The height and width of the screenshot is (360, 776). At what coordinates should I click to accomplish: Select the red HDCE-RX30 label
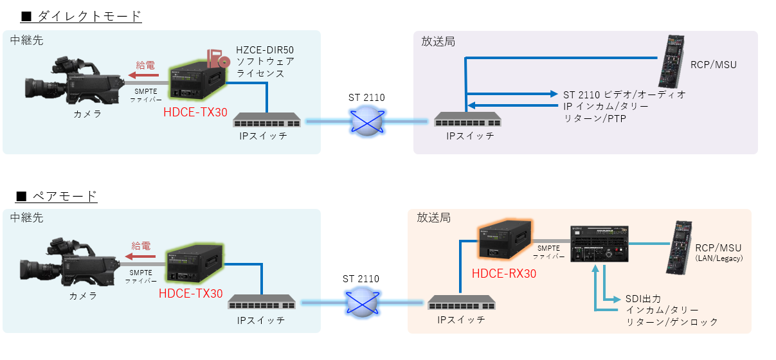[504, 274]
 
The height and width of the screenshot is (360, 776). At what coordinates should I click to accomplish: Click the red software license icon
[219, 59]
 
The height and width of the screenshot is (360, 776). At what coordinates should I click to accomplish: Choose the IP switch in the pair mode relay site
[261, 301]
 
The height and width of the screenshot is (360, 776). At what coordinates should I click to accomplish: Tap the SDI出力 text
[643, 298]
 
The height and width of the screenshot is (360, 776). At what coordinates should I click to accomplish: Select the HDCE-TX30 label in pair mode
[191, 294]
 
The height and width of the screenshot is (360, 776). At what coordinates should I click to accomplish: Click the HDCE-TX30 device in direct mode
[197, 83]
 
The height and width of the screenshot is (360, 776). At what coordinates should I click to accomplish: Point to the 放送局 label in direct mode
[438, 41]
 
